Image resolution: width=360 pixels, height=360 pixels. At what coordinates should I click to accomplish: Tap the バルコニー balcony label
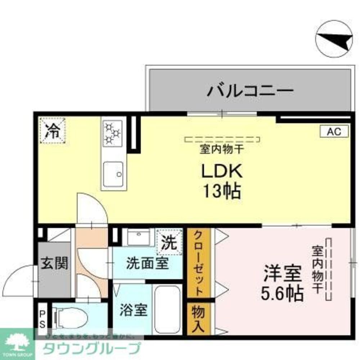[x=250, y=90]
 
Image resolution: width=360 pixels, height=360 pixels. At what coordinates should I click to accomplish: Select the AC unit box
[x=334, y=131]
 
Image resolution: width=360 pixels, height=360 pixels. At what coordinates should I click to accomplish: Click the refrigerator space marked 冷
[x=53, y=131]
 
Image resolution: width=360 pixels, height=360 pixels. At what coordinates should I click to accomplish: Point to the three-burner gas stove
[x=112, y=133]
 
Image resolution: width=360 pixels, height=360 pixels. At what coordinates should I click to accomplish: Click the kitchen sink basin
[x=113, y=174]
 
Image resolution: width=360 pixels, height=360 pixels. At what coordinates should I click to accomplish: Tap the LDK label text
[x=221, y=171]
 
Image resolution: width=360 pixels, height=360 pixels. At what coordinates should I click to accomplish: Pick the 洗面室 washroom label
[x=147, y=264]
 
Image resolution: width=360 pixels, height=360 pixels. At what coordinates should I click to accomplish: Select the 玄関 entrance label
[x=54, y=264]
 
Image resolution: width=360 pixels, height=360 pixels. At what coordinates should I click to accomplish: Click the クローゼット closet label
[x=199, y=263]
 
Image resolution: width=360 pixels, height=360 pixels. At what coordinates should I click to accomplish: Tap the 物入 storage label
[x=199, y=319]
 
